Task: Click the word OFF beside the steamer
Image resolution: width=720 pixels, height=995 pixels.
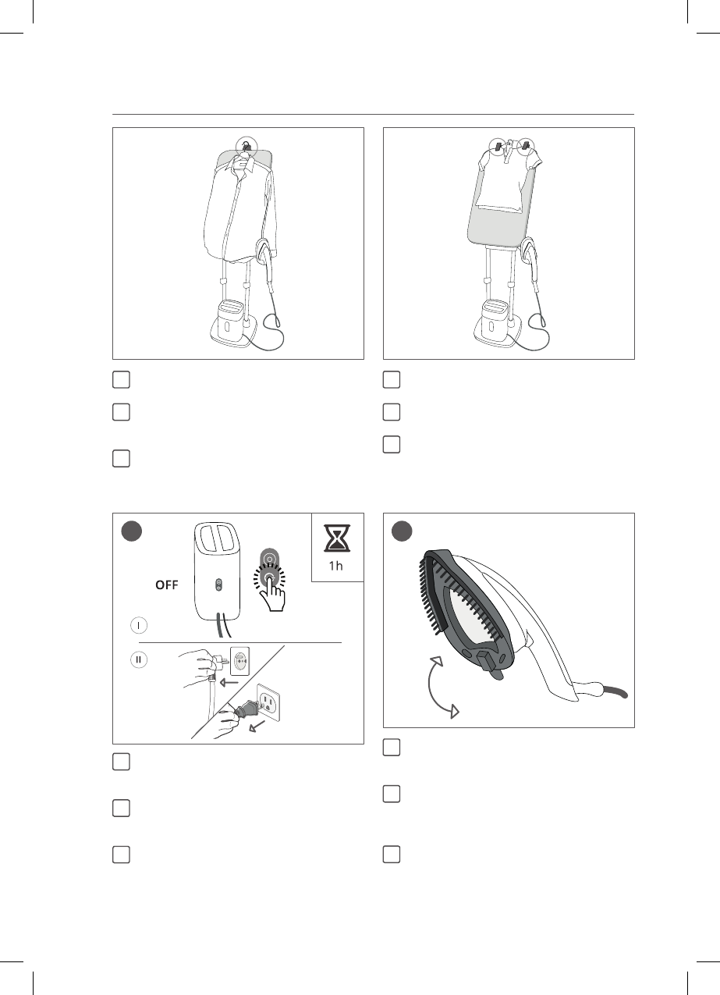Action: pos(167,585)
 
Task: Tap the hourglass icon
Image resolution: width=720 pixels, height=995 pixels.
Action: pos(337,538)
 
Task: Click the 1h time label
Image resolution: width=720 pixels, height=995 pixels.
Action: pos(336,566)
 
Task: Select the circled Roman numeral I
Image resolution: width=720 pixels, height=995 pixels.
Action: pos(139,625)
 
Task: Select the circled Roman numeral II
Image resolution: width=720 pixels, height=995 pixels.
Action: pos(139,659)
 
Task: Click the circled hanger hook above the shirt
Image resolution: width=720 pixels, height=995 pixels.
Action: pos(246,145)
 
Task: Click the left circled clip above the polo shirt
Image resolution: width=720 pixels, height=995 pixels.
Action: pos(498,146)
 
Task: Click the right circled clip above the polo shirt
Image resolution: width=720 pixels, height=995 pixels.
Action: pos(527,146)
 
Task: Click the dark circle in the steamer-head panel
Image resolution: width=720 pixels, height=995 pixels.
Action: pos(402,531)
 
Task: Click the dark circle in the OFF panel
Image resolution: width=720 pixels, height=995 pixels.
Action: pos(131,531)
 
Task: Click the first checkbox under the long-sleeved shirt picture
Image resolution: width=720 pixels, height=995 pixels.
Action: pos(121,380)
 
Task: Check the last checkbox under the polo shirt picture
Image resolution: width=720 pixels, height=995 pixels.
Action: pos(392,444)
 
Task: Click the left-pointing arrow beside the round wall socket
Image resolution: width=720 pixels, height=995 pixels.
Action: pos(229,682)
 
